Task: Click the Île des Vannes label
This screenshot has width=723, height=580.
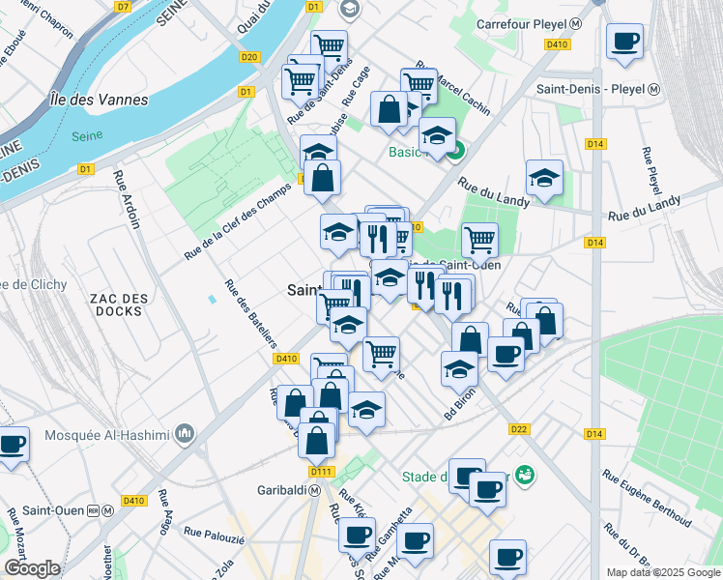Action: point(100,100)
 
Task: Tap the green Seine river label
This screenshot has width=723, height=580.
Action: point(87,136)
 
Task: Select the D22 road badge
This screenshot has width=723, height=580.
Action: point(519,429)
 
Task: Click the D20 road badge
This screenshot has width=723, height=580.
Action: point(250,57)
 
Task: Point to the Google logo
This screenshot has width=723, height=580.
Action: point(32,568)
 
